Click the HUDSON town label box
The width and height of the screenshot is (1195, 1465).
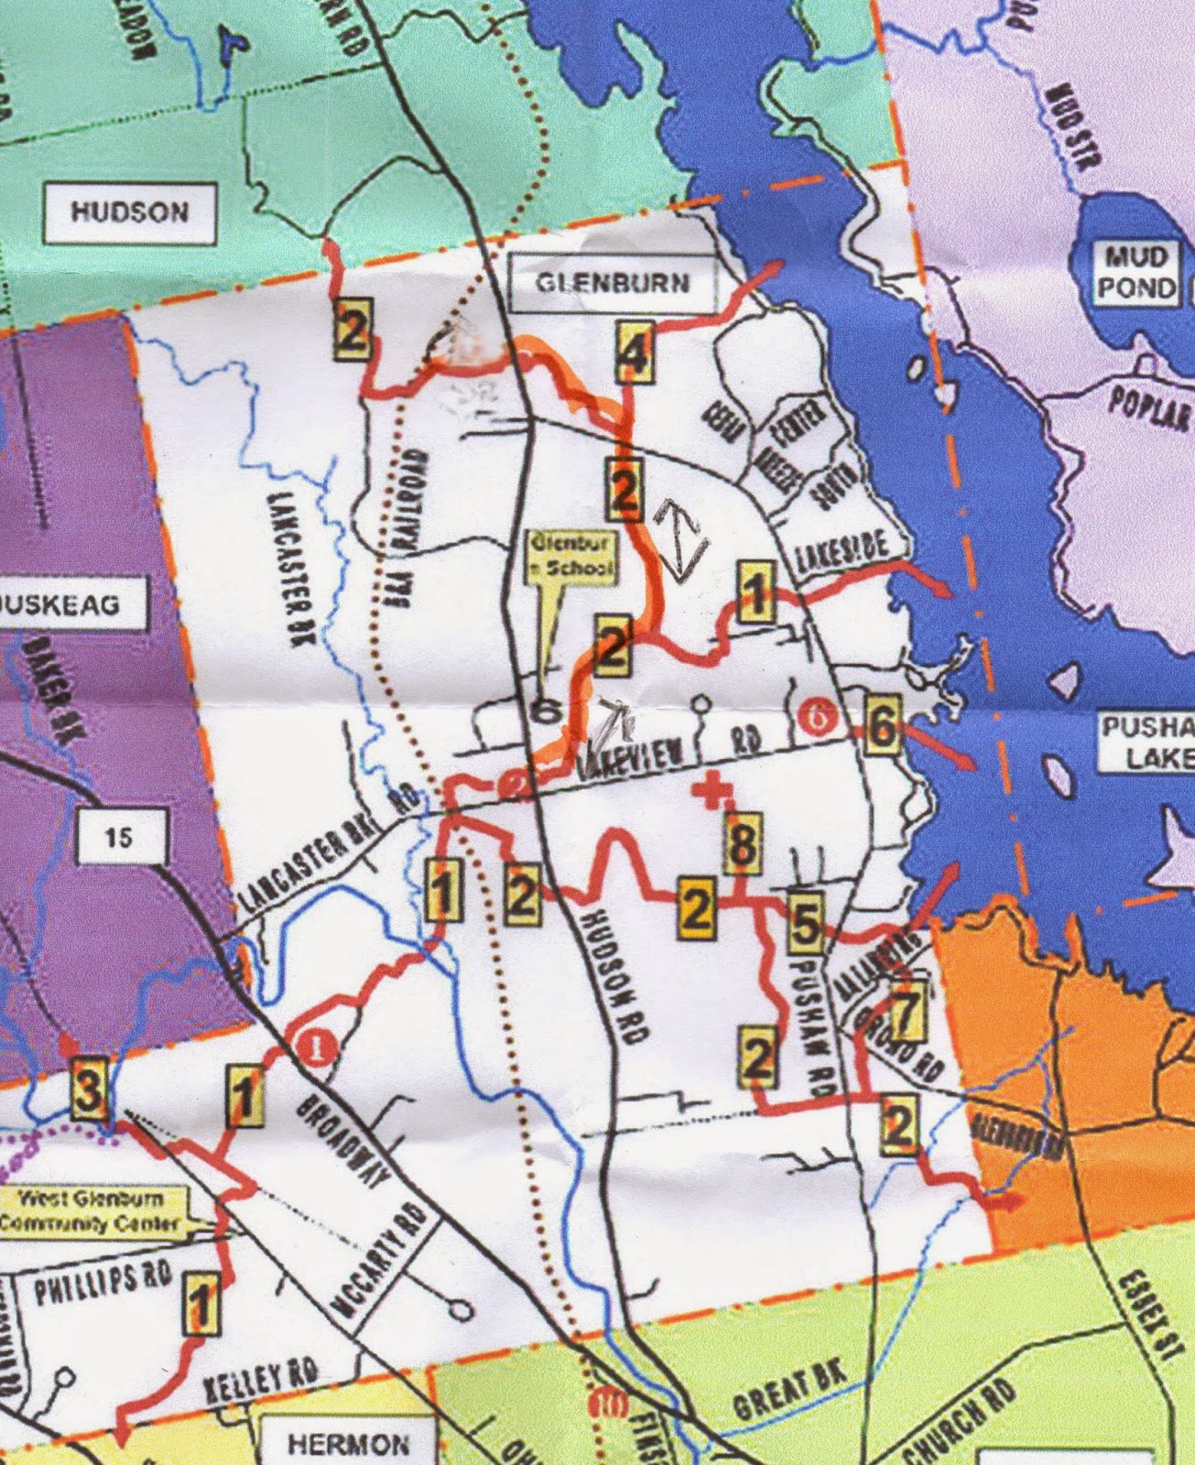point(130,213)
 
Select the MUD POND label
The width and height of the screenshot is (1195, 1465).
point(1136,272)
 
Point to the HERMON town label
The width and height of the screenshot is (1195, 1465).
point(348,1444)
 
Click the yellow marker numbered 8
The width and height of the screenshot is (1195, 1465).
point(743,843)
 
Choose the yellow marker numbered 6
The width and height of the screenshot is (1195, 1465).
point(881,725)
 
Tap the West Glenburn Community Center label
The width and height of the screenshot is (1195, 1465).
point(90,1210)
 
